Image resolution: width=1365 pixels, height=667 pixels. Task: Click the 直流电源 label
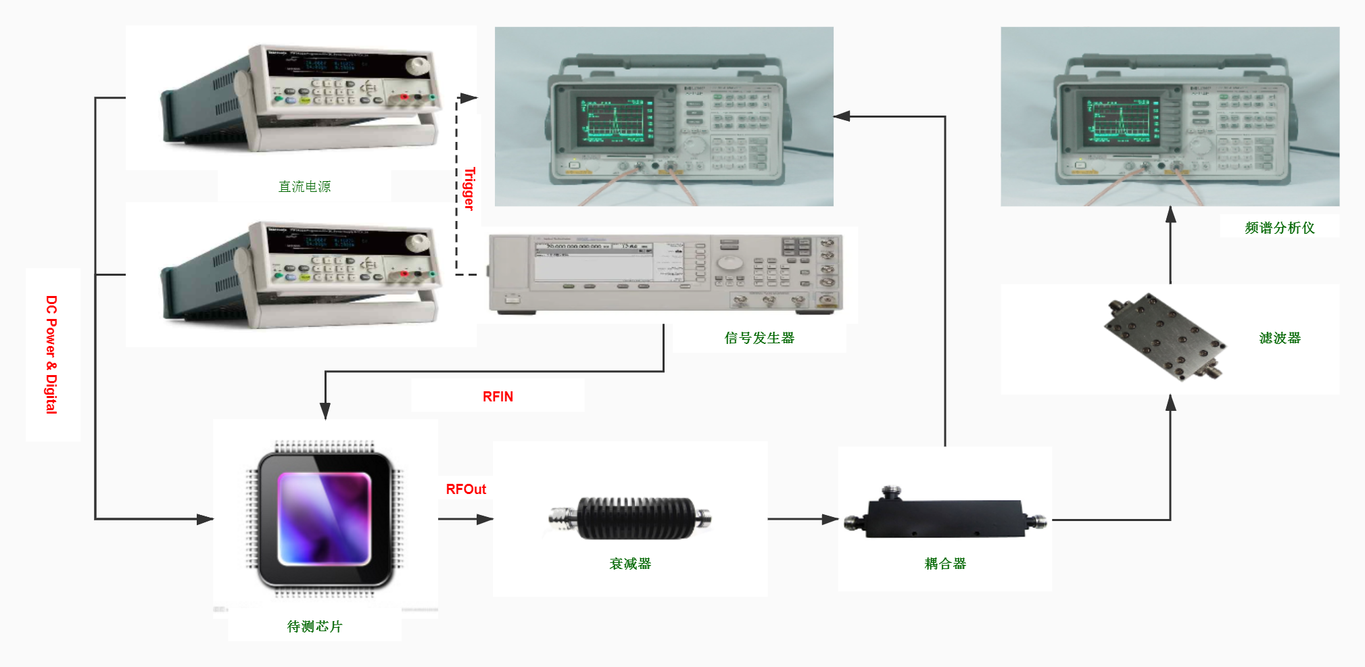(304, 187)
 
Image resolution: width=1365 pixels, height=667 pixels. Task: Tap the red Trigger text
(469, 189)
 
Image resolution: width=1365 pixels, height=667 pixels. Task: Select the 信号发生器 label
(759, 338)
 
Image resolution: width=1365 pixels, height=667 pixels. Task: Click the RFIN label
(498, 397)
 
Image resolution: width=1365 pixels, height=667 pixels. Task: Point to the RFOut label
(466, 489)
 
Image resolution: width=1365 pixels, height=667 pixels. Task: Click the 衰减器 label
(630, 564)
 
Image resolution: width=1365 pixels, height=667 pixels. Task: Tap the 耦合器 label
(945, 564)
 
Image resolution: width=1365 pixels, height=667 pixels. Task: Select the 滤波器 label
(1280, 338)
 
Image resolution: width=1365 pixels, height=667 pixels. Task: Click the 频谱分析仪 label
(1280, 228)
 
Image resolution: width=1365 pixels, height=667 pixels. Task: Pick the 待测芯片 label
(314, 626)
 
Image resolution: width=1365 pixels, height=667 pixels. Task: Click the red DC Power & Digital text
(51, 355)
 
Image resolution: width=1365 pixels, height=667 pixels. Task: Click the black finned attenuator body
(636, 518)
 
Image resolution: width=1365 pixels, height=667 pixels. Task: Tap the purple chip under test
(325, 519)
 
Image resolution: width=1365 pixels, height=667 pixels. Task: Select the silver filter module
(1164, 337)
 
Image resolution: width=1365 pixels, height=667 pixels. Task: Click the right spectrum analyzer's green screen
(1120, 120)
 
